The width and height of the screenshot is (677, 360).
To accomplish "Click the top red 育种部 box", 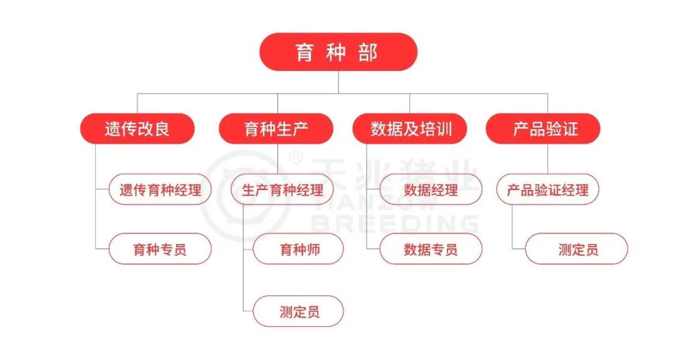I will [338, 52].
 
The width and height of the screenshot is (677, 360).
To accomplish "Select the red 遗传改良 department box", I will [137, 129].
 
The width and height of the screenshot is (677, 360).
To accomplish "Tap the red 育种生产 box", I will [276, 129].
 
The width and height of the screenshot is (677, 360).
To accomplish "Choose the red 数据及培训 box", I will [411, 129].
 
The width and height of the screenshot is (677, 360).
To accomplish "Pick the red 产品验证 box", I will [543, 129].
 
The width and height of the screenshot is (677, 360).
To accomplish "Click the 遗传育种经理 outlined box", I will [160, 189].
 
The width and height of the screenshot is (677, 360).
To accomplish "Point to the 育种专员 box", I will [160, 249].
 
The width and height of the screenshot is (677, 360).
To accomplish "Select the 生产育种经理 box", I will [283, 189].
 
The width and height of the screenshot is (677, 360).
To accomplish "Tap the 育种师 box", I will [299, 249].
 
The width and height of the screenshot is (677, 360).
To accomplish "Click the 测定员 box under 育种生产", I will [299, 311].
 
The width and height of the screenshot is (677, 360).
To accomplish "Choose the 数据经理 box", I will [431, 189].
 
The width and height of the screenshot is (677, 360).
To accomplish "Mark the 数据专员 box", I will [431, 249].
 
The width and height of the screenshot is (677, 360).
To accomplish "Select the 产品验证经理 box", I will [548, 189].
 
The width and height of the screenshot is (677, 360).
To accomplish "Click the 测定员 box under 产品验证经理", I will [577, 249].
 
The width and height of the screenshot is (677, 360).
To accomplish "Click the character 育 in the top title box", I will [305, 52].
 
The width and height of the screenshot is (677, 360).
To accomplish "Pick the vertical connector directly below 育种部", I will [338, 82].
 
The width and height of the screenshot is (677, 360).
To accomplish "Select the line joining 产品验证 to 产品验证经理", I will [548, 159].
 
